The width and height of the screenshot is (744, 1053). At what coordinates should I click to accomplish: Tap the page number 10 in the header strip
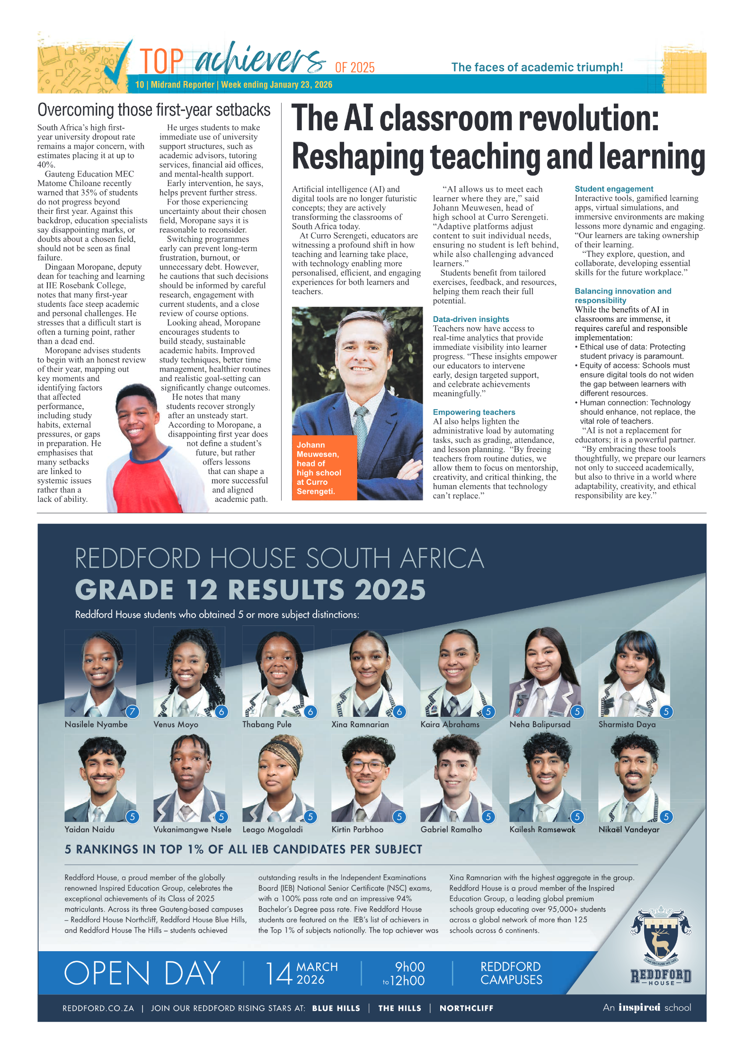point(140,85)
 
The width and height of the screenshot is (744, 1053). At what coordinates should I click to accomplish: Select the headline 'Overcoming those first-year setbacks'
point(154,110)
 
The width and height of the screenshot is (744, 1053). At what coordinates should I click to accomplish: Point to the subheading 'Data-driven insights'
point(470,319)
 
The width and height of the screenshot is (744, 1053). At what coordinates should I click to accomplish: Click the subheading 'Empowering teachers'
point(474,412)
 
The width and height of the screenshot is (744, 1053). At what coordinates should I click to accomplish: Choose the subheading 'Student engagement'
point(613,189)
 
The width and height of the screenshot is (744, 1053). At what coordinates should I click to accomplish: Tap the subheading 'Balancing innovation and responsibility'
point(622,295)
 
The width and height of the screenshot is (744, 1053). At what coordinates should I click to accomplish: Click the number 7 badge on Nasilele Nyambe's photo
point(133,711)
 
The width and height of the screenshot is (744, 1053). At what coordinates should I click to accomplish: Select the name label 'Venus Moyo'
point(176,724)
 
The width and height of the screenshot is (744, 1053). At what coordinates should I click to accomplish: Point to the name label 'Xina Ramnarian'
point(360,724)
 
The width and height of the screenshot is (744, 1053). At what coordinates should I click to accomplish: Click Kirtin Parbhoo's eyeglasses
point(367,766)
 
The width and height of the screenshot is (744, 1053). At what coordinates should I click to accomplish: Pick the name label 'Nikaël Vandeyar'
point(628,830)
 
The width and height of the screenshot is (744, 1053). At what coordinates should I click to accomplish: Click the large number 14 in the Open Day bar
point(279,973)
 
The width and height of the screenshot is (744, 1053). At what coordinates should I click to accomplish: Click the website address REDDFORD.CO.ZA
point(98,1008)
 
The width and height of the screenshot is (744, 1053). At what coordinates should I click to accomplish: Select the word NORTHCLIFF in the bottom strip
point(466,1008)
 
